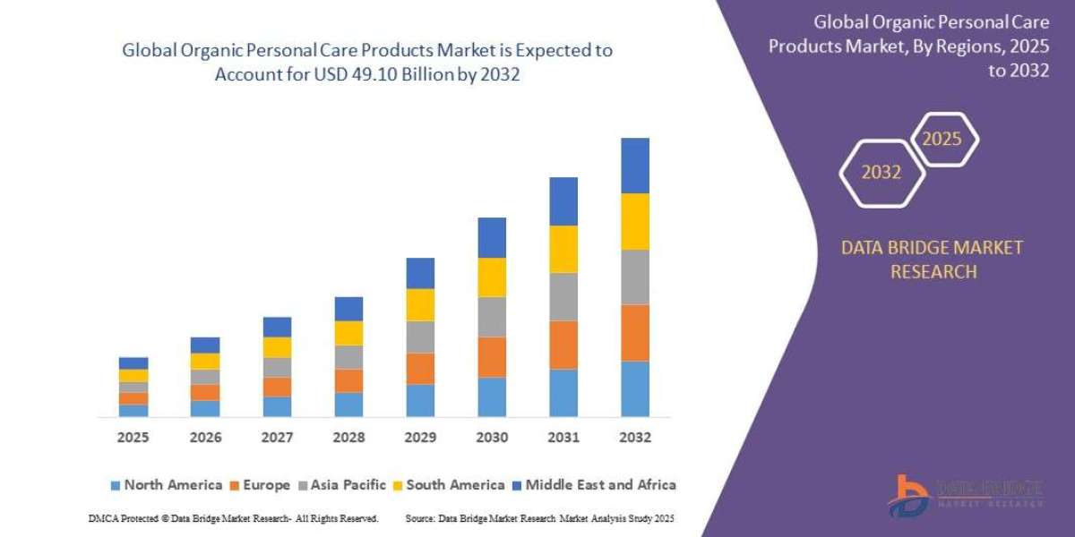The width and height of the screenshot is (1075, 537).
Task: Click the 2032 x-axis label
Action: pos(634,438)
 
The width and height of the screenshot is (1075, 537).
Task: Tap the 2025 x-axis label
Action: pos(133,438)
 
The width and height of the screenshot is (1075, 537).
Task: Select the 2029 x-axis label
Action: pos(419,438)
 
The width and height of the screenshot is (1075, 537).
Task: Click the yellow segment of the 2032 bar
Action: pos(634,221)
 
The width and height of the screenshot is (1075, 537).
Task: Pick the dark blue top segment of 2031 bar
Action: pos(563,200)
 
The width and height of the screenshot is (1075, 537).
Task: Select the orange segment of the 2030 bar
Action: pos(491,356)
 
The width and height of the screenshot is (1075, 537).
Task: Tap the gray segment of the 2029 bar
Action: pos(419,337)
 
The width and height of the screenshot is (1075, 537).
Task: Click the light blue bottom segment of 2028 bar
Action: pos(348,405)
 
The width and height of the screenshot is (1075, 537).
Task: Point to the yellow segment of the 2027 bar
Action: pos(277,347)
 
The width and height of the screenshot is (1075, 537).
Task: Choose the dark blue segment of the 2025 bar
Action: pos(133,363)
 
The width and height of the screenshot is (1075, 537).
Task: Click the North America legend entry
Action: pos(166,485)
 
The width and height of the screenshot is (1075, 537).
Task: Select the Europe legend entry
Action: pos(262,485)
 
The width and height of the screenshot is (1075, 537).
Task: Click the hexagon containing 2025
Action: pos(942,140)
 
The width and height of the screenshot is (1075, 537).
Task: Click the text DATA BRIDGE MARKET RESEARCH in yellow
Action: pos(932,260)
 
